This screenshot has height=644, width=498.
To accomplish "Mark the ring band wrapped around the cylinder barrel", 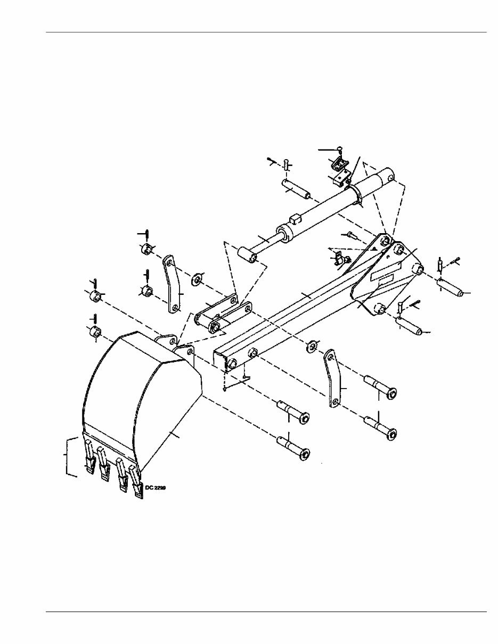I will [x=357, y=195].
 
